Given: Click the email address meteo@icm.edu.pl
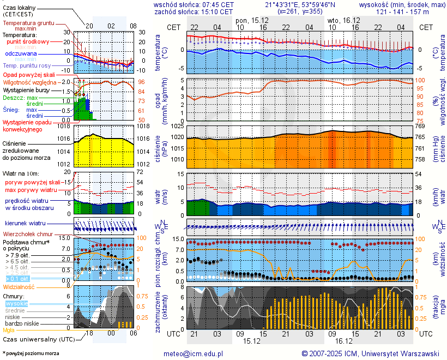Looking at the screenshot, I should tap(194, 353).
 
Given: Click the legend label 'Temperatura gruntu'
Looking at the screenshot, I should tap(28, 23).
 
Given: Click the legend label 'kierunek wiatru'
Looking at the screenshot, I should tap(26, 224).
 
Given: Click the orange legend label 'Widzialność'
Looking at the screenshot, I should tap(19, 286).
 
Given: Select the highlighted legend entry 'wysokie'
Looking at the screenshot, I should tap(16, 303).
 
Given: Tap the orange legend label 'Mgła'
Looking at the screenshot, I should tap(9, 330).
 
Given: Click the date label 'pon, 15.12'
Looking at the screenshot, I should tap(251, 20).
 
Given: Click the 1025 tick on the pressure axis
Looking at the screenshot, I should tap(176, 127).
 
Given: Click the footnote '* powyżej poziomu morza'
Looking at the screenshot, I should tap(31, 353).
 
